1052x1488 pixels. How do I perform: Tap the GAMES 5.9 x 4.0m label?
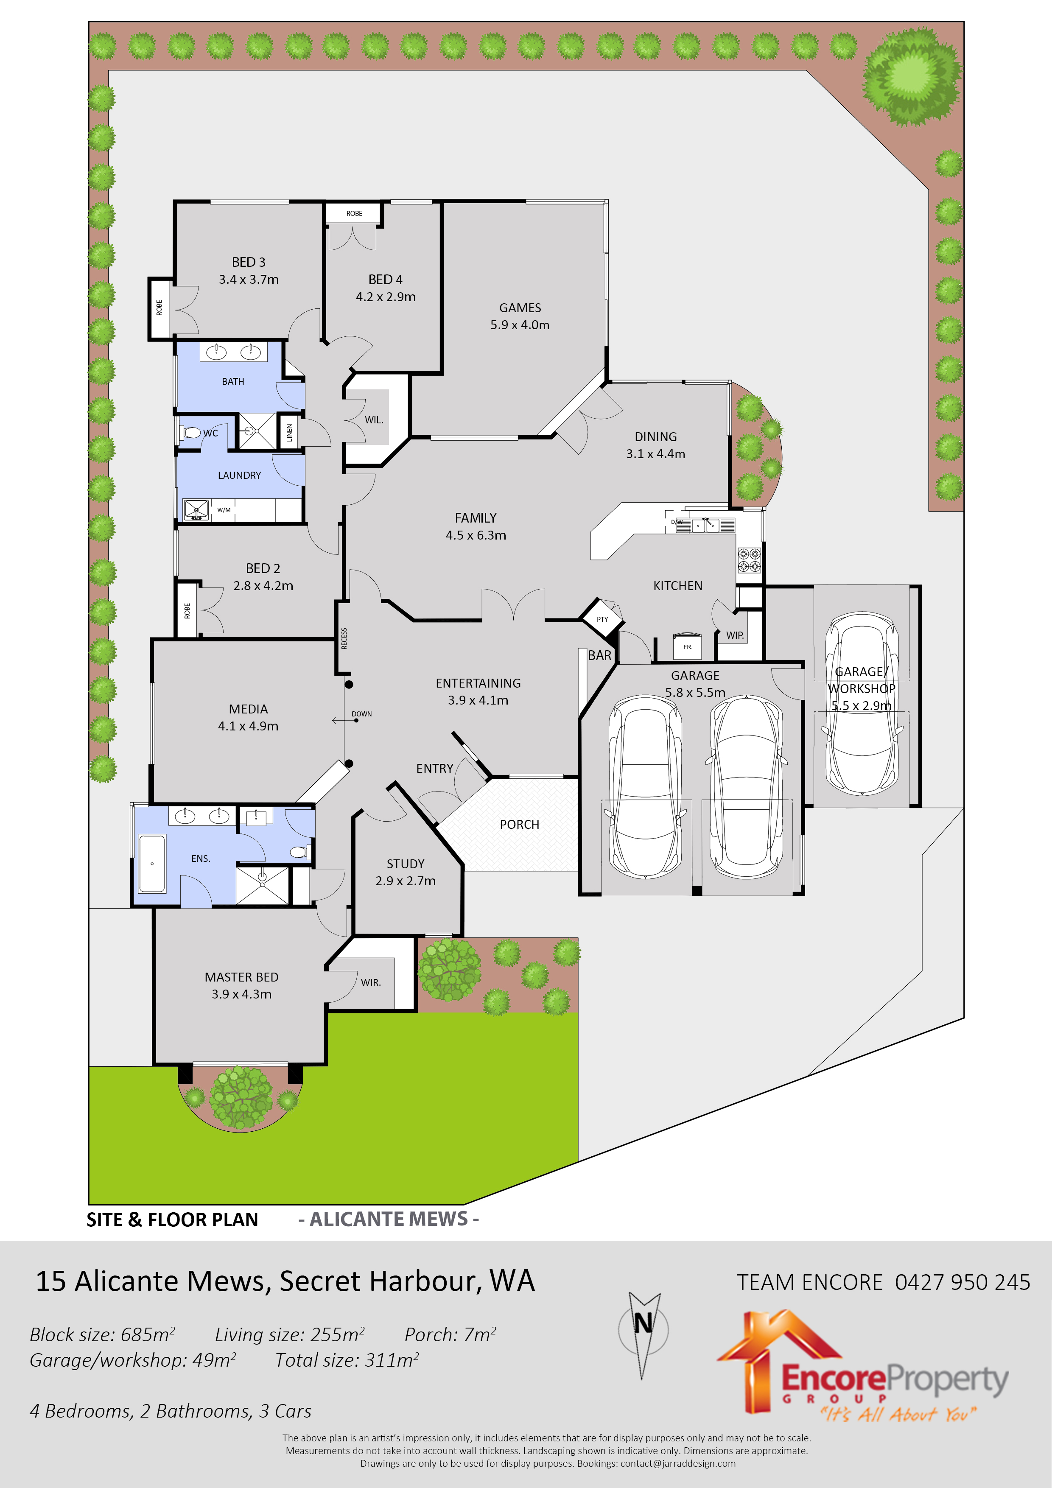(519, 316)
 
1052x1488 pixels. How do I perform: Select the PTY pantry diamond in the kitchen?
(602, 619)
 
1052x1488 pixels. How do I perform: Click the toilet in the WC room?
(191, 432)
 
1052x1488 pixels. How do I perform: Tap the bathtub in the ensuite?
(152, 863)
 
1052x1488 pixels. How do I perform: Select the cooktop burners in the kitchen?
(749, 560)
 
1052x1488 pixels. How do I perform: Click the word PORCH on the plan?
(519, 824)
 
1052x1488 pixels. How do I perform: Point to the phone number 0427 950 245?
(962, 1282)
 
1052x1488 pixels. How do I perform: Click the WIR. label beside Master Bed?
(371, 982)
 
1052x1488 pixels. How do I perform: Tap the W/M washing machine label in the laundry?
(224, 510)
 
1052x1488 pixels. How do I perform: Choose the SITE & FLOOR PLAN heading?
(172, 1219)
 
